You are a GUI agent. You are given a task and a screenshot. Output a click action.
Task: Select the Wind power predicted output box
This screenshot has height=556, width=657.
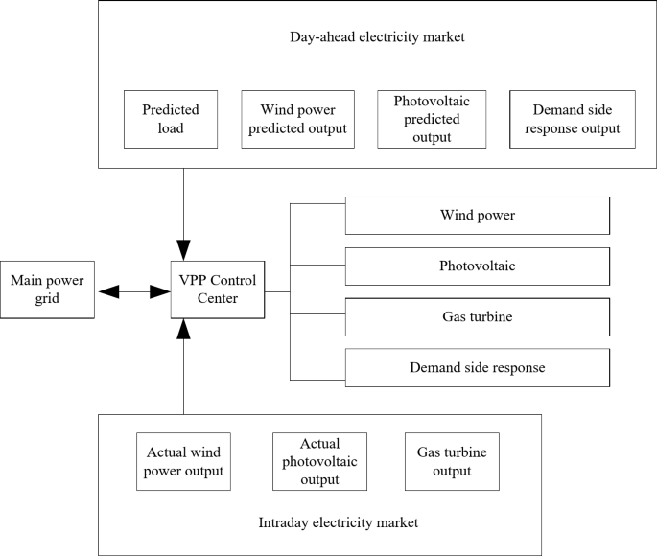297,119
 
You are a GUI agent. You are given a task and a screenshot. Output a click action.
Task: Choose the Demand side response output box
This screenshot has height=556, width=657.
572,119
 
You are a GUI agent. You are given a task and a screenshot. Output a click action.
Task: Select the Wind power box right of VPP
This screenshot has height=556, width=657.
477,216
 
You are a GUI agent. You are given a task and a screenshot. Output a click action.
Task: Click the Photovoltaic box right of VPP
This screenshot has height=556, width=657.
477,266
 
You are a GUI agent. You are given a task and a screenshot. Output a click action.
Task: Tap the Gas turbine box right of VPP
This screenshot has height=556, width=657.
477,316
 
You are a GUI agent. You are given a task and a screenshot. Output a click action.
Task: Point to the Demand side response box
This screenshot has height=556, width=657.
477,367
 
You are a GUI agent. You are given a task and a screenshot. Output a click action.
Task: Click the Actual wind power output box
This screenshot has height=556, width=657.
186,461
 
